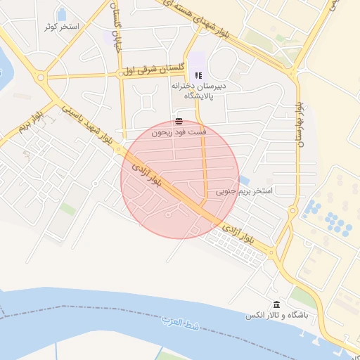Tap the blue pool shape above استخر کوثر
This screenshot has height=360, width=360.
pyautogui.click(x=62, y=13)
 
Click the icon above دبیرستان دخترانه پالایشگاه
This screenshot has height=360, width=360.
pyautogui.click(x=198, y=75)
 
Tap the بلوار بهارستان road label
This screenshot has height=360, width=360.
pyautogui.click(x=300, y=123)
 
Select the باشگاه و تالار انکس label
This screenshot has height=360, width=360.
pyautogui.click(x=277, y=316)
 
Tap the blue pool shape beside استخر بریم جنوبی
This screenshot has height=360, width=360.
pyautogui.click(x=243, y=180)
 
